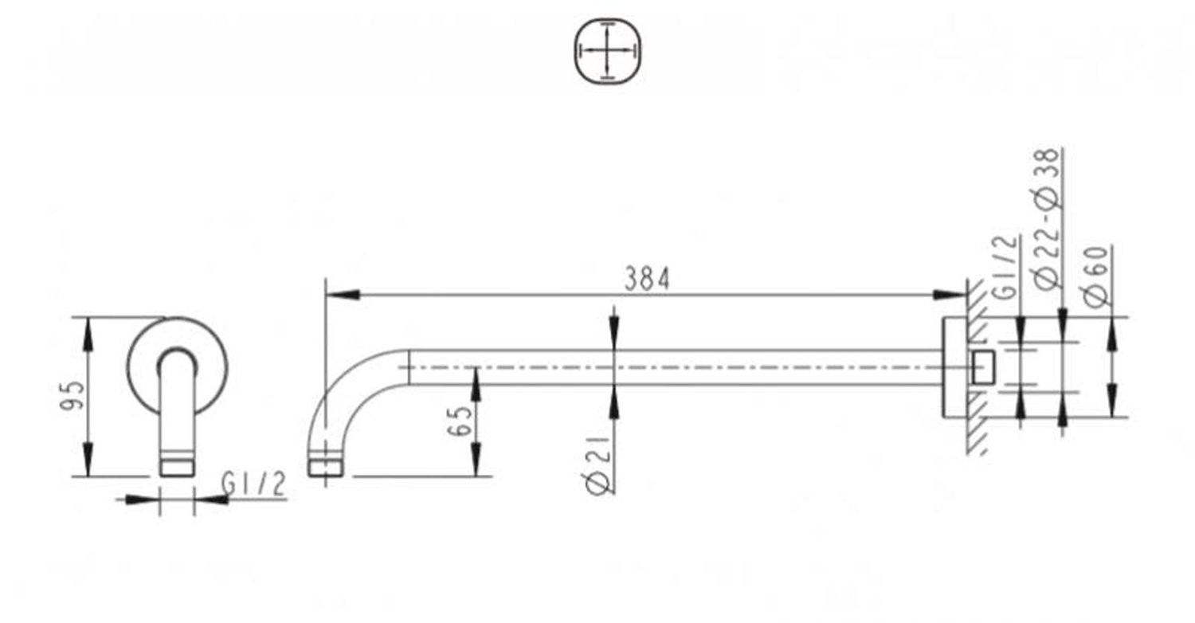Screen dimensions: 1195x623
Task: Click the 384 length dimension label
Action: pos(647,279)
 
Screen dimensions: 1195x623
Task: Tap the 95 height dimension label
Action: pos(72,395)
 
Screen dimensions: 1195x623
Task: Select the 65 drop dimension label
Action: pos(460,421)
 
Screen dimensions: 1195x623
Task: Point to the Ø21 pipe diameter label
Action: pos(597,464)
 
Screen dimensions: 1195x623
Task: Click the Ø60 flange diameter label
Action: pos(1097,276)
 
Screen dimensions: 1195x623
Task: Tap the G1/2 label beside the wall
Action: pos(1006,268)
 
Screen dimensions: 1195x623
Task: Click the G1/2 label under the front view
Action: pos(254,484)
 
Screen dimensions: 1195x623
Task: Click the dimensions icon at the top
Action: pos(608,51)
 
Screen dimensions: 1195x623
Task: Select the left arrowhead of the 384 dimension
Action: pos(342,295)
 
